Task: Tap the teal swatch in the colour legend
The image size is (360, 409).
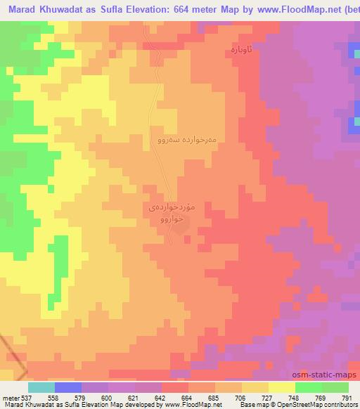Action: pyautogui.click(x=41, y=387)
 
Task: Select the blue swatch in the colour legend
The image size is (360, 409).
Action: pyautogui.click(x=67, y=387)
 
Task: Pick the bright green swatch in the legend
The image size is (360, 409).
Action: pyautogui.click(x=309, y=387)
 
